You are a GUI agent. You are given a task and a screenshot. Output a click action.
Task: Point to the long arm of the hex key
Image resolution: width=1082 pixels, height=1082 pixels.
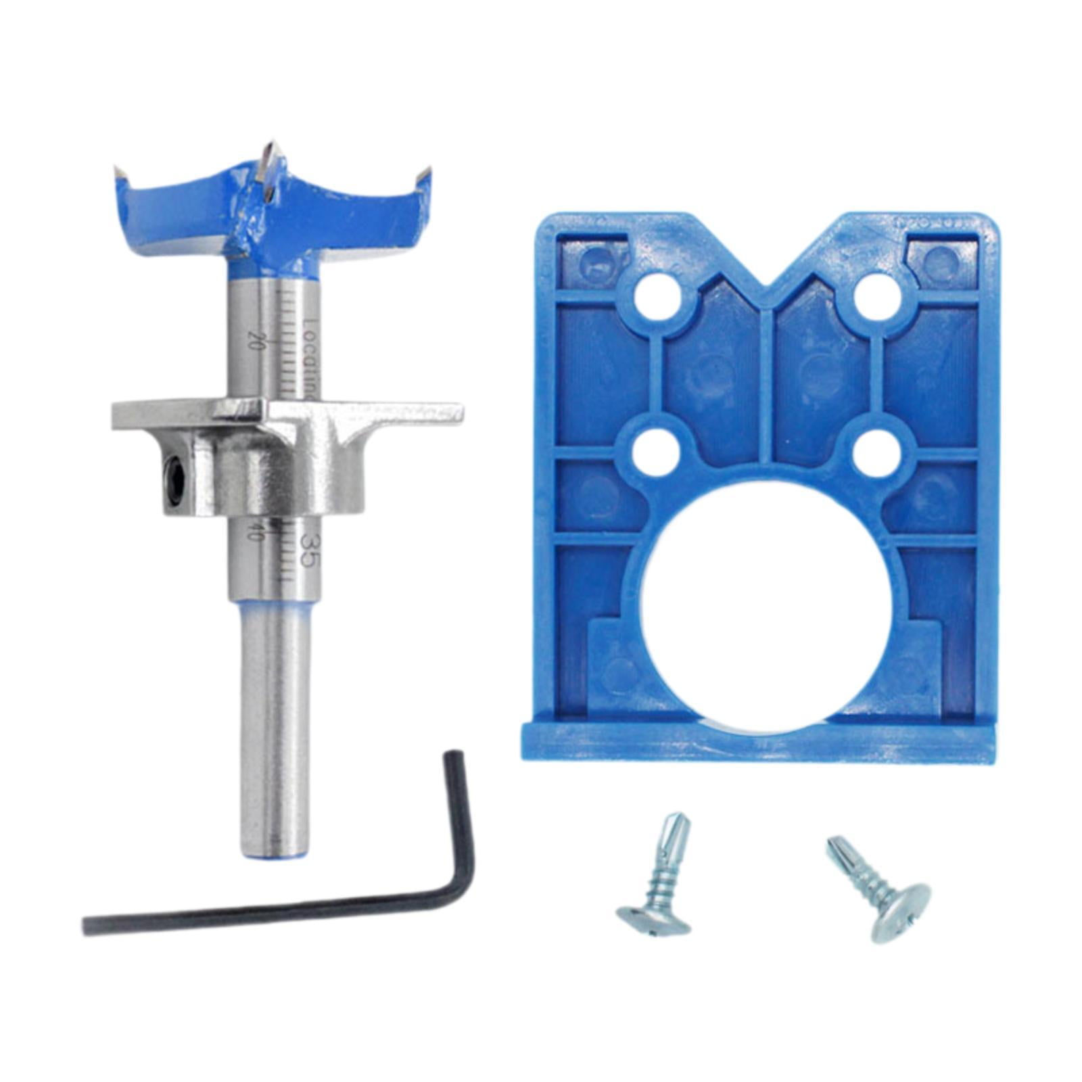tap(270, 914)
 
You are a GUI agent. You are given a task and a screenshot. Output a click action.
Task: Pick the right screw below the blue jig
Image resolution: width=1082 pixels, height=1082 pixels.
tap(879, 887)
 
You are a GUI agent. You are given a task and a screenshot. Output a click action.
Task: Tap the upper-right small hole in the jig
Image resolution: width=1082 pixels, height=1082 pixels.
tap(876, 296)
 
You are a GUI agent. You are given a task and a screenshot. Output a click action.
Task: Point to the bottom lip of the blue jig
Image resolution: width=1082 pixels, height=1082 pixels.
tap(757, 744)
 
